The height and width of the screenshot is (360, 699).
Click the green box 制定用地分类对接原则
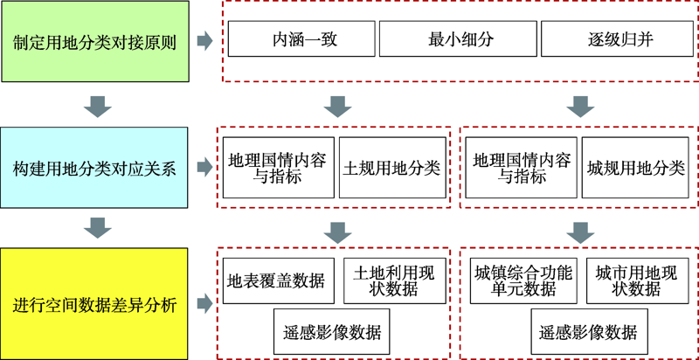pyautogui.click(x=94, y=41)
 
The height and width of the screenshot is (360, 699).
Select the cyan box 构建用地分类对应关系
pyautogui.click(x=94, y=169)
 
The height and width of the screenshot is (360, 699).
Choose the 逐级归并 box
pyautogui.click(x=616, y=40)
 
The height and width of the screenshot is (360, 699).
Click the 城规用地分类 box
pyautogui.click(x=636, y=167)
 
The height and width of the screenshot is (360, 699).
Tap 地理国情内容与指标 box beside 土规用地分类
pyautogui.click(x=277, y=167)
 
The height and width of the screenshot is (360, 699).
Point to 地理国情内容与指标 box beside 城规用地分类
pyautogui.click(x=522, y=167)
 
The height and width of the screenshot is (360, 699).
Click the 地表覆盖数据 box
pyautogui.click(x=275, y=280)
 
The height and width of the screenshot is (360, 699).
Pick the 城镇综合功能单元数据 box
pyautogui.click(x=522, y=280)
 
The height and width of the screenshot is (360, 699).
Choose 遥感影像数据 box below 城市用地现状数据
pyautogui.click(x=589, y=332)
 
